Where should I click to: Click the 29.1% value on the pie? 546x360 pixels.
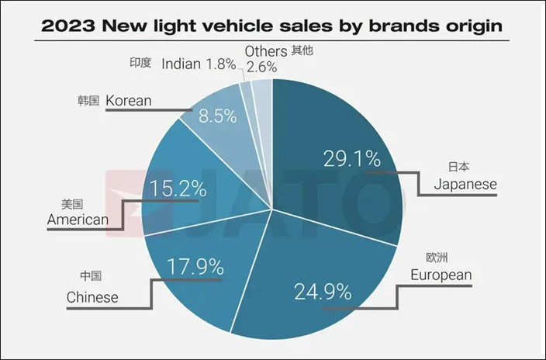[x=352, y=159]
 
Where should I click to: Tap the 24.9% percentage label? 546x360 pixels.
[x=323, y=292]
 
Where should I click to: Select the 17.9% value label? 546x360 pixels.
[x=195, y=267]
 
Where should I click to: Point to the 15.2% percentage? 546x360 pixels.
[x=178, y=189]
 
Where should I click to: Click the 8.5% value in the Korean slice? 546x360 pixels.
[x=218, y=116]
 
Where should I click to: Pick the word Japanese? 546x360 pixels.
[x=465, y=185]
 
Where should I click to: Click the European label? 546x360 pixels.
[x=441, y=275]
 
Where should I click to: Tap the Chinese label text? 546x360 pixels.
[x=92, y=297]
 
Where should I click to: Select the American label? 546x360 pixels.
[x=78, y=220]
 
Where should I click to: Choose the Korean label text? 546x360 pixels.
[x=129, y=101]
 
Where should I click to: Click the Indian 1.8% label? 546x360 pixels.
[x=199, y=64]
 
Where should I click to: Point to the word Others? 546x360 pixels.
[x=266, y=51]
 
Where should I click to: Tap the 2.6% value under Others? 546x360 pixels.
[x=262, y=67]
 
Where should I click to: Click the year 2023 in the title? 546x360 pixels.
[x=68, y=26]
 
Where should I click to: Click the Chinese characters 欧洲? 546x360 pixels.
[x=437, y=258]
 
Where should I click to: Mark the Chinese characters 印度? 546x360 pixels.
[x=140, y=63]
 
